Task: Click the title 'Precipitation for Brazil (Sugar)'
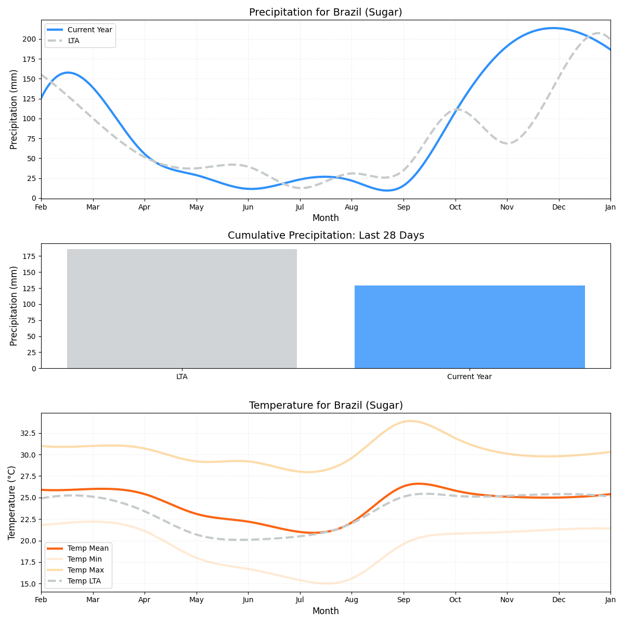326,12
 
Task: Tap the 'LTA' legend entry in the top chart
73,41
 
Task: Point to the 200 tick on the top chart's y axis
29,39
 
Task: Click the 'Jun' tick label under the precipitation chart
248,207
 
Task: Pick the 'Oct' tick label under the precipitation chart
455,207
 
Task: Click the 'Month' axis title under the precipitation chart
326,218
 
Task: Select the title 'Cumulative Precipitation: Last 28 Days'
326,236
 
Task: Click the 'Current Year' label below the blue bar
470,377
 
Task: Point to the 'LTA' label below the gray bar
182,377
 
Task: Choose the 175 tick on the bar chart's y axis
29,256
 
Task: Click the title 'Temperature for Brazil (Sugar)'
326,406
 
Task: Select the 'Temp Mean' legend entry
88,548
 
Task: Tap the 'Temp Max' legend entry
86,570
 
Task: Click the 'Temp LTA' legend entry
84,581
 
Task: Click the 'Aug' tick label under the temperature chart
352,601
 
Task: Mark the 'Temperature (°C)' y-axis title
12,502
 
